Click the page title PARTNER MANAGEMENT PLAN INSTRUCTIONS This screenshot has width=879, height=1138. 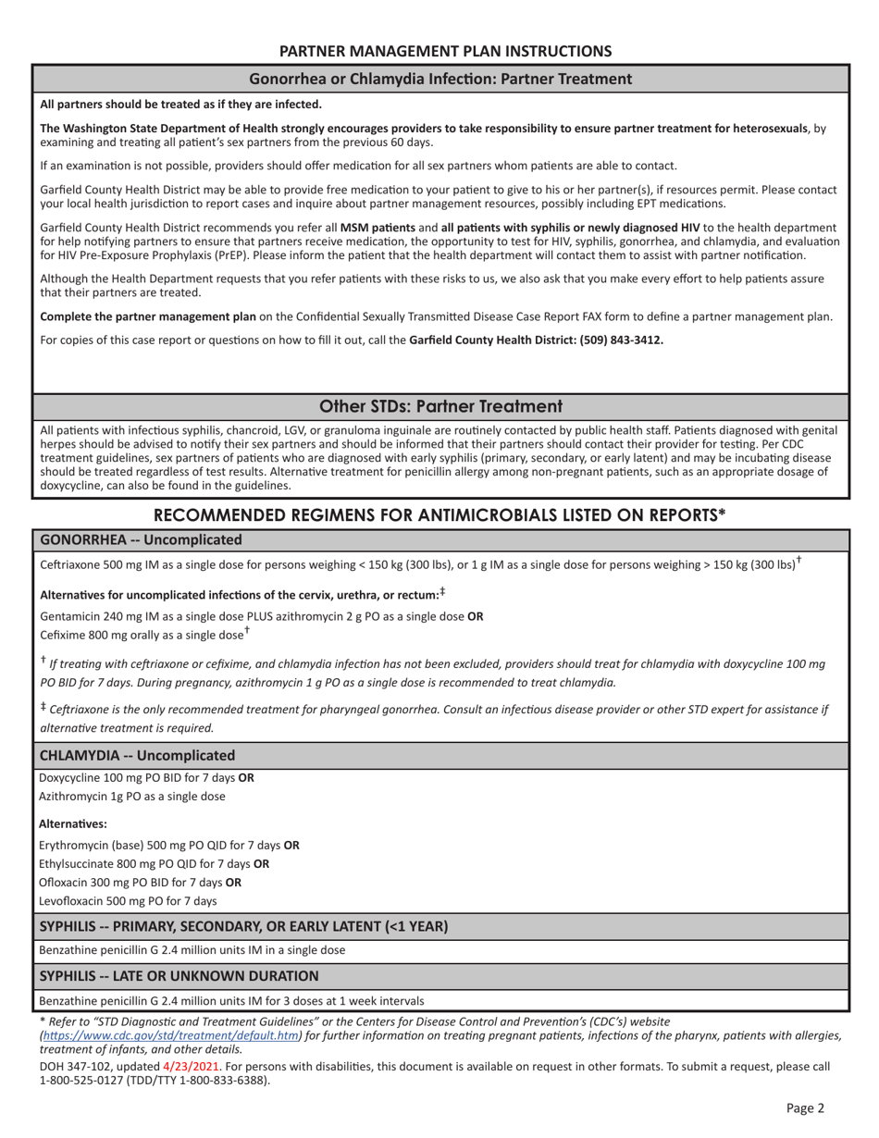click(x=445, y=51)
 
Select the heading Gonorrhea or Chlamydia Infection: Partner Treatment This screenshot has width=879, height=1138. click(x=440, y=79)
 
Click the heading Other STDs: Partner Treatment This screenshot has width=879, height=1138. click(x=440, y=406)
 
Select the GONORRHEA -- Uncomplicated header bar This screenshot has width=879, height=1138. click(x=141, y=539)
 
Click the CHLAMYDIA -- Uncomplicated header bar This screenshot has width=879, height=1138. click(x=137, y=755)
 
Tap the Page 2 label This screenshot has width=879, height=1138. click(x=805, y=1107)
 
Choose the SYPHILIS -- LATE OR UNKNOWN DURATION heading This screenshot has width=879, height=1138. click(x=180, y=975)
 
